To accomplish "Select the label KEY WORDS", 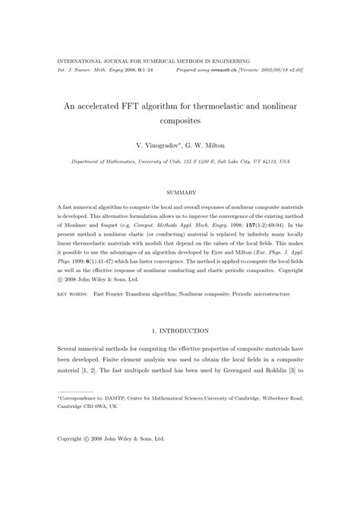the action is (x=74, y=292).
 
